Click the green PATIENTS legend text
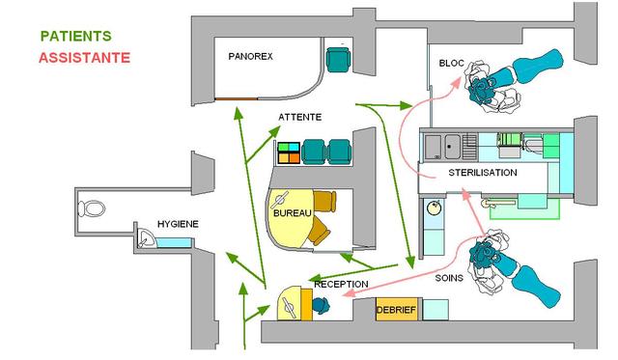[x=76, y=37]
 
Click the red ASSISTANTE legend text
[x=84, y=58]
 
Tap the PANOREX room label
[x=250, y=56]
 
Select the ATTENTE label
[x=300, y=117]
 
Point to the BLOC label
[x=451, y=63]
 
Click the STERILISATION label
[x=483, y=173]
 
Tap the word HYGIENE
[x=178, y=224]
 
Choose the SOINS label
[x=449, y=278]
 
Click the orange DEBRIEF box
[x=397, y=310]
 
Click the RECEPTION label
[x=341, y=284]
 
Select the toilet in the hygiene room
[x=92, y=208]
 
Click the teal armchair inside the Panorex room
[x=338, y=60]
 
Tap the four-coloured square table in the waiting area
[x=289, y=152]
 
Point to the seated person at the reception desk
[x=321, y=305]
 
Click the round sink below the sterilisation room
[x=434, y=208]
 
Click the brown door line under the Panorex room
[x=236, y=98]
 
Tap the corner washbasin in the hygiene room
[x=145, y=237]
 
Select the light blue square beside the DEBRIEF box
[x=435, y=310]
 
